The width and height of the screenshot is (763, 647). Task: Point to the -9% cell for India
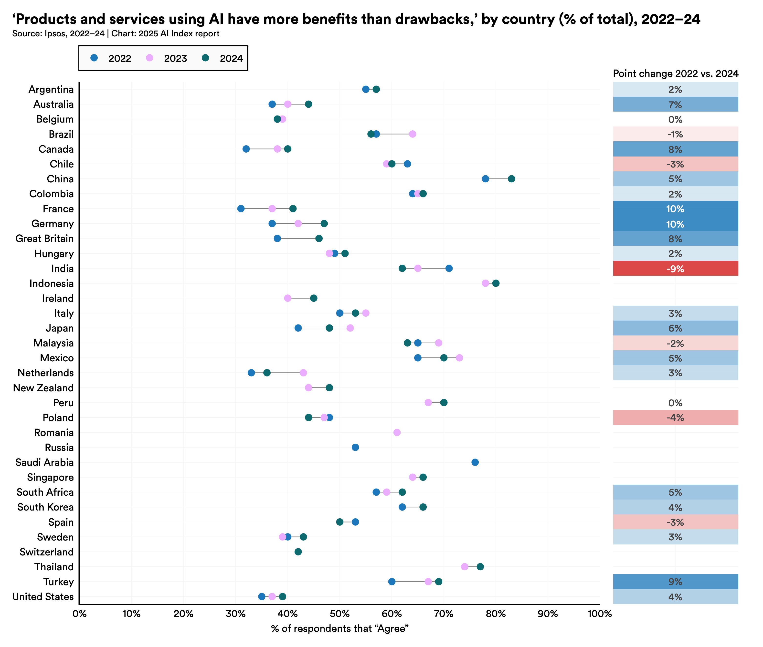point(675,269)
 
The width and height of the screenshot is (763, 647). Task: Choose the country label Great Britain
point(44,239)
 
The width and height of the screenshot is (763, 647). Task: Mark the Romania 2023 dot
point(397,432)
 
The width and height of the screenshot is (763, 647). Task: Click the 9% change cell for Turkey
point(675,582)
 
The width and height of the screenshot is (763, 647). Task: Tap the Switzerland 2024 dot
point(298,552)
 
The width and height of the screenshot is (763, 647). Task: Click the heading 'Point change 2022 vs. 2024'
point(675,74)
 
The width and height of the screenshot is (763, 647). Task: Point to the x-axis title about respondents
point(340,629)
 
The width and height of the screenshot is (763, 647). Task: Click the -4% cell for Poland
point(675,418)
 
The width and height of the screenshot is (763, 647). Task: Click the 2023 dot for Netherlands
point(303,373)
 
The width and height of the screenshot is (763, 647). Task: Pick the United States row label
point(43,597)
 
